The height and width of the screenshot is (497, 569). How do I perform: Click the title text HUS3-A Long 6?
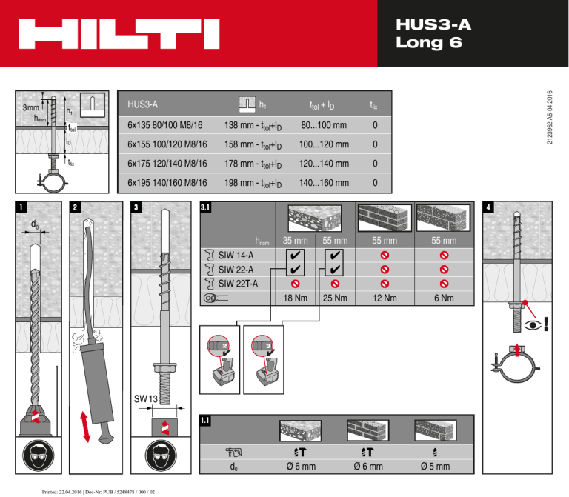[x=433, y=34]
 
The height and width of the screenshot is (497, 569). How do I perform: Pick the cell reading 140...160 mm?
[x=328, y=182]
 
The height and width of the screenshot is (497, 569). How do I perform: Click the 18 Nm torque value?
[x=296, y=298]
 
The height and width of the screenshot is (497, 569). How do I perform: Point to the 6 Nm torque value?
[x=444, y=298]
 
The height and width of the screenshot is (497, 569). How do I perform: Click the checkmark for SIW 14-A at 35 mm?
[x=296, y=256]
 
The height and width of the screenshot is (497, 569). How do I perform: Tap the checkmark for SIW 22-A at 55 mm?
[x=336, y=270]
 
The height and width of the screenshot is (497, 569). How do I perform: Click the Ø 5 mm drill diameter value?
[x=435, y=467]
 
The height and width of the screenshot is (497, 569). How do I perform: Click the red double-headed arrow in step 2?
[x=87, y=427]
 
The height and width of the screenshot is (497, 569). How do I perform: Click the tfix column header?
[x=376, y=105]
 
